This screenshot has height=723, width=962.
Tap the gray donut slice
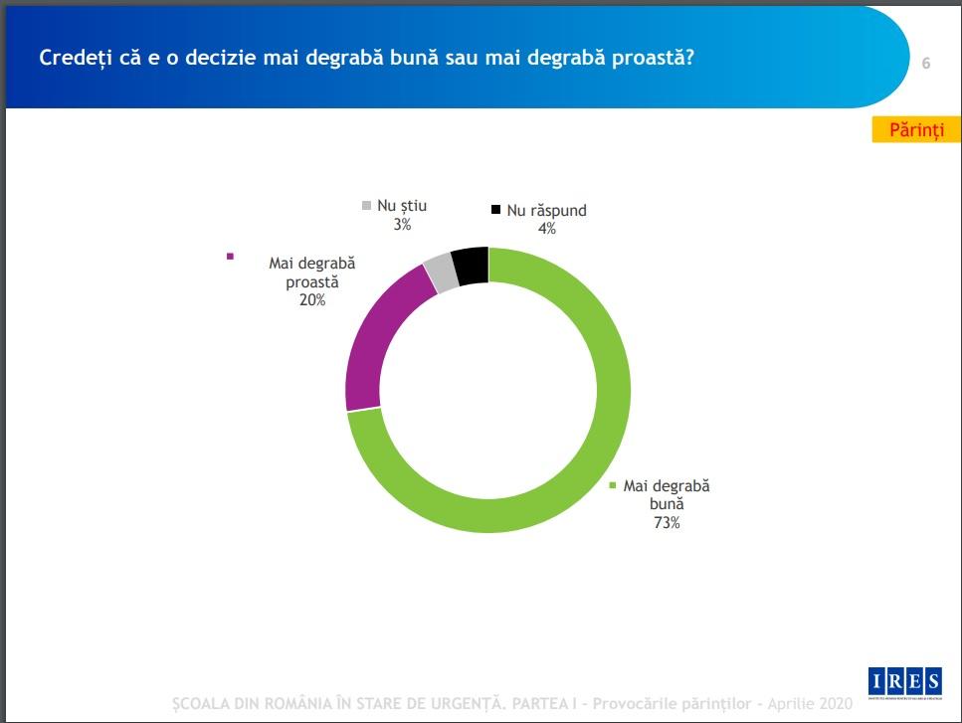click(x=440, y=271)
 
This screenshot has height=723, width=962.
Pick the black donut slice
click(x=470, y=266)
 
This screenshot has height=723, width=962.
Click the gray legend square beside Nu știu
click(x=366, y=206)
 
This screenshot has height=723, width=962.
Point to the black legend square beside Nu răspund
click(x=495, y=210)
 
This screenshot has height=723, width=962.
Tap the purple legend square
click(x=231, y=256)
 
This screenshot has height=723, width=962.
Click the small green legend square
click(x=612, y=486)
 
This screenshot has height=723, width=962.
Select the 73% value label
click(x=666, y=523)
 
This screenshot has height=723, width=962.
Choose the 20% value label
click(x=311, y=300)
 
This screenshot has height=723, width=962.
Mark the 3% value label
click(x=402, y=225)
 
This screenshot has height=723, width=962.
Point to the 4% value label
click(x=546, y=228)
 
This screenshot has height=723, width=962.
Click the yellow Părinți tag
click(x=916, y=131)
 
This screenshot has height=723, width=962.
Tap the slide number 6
click(x=926, y=64)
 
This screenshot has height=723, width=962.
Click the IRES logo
click(x=904, y=682)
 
